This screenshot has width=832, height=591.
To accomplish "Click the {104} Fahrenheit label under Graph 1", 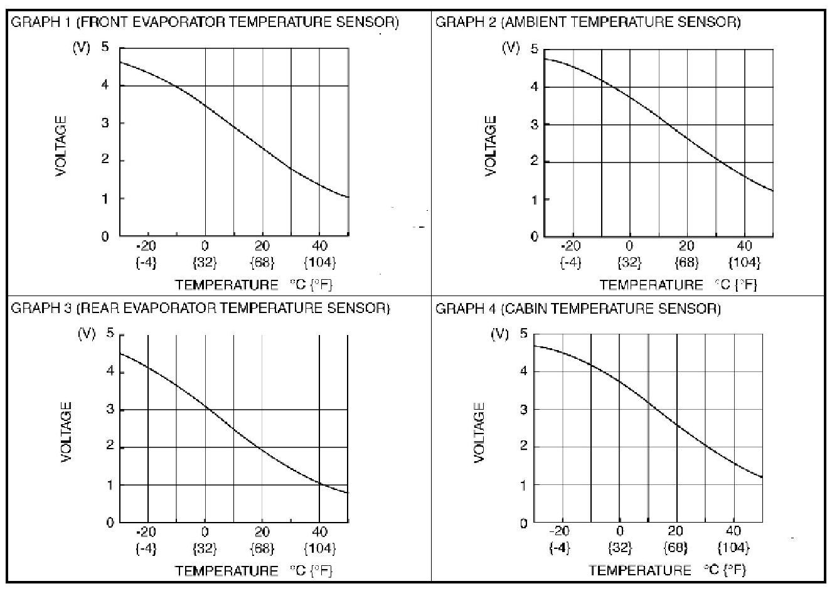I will tap(319, 262).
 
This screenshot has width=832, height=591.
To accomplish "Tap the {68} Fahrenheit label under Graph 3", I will tap(262, 548).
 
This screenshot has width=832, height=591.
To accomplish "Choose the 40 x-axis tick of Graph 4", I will tap(733, 531).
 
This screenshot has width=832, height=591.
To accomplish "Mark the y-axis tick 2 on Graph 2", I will tap(534, 161).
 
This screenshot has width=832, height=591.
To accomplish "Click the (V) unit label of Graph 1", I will tap(82, 48).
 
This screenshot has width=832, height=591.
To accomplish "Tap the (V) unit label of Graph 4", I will tap(499, 334).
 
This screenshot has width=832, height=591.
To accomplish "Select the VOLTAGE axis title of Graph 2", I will tap(491, 146).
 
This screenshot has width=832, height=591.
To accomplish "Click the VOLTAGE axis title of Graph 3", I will tap(67, 432).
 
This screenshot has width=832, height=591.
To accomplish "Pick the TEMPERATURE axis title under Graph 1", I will tap(227, 285).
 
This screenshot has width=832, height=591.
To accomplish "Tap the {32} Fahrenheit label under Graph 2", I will tap(629, 262).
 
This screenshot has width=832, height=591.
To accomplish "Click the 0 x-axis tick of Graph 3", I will tap(205, 532).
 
